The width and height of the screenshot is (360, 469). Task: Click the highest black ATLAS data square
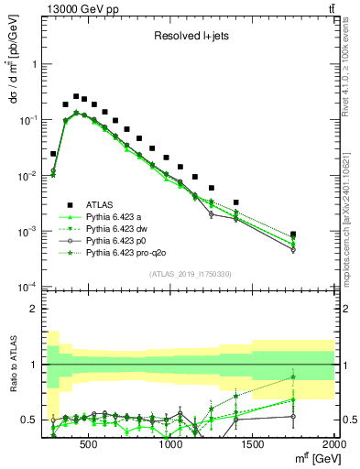76,95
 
